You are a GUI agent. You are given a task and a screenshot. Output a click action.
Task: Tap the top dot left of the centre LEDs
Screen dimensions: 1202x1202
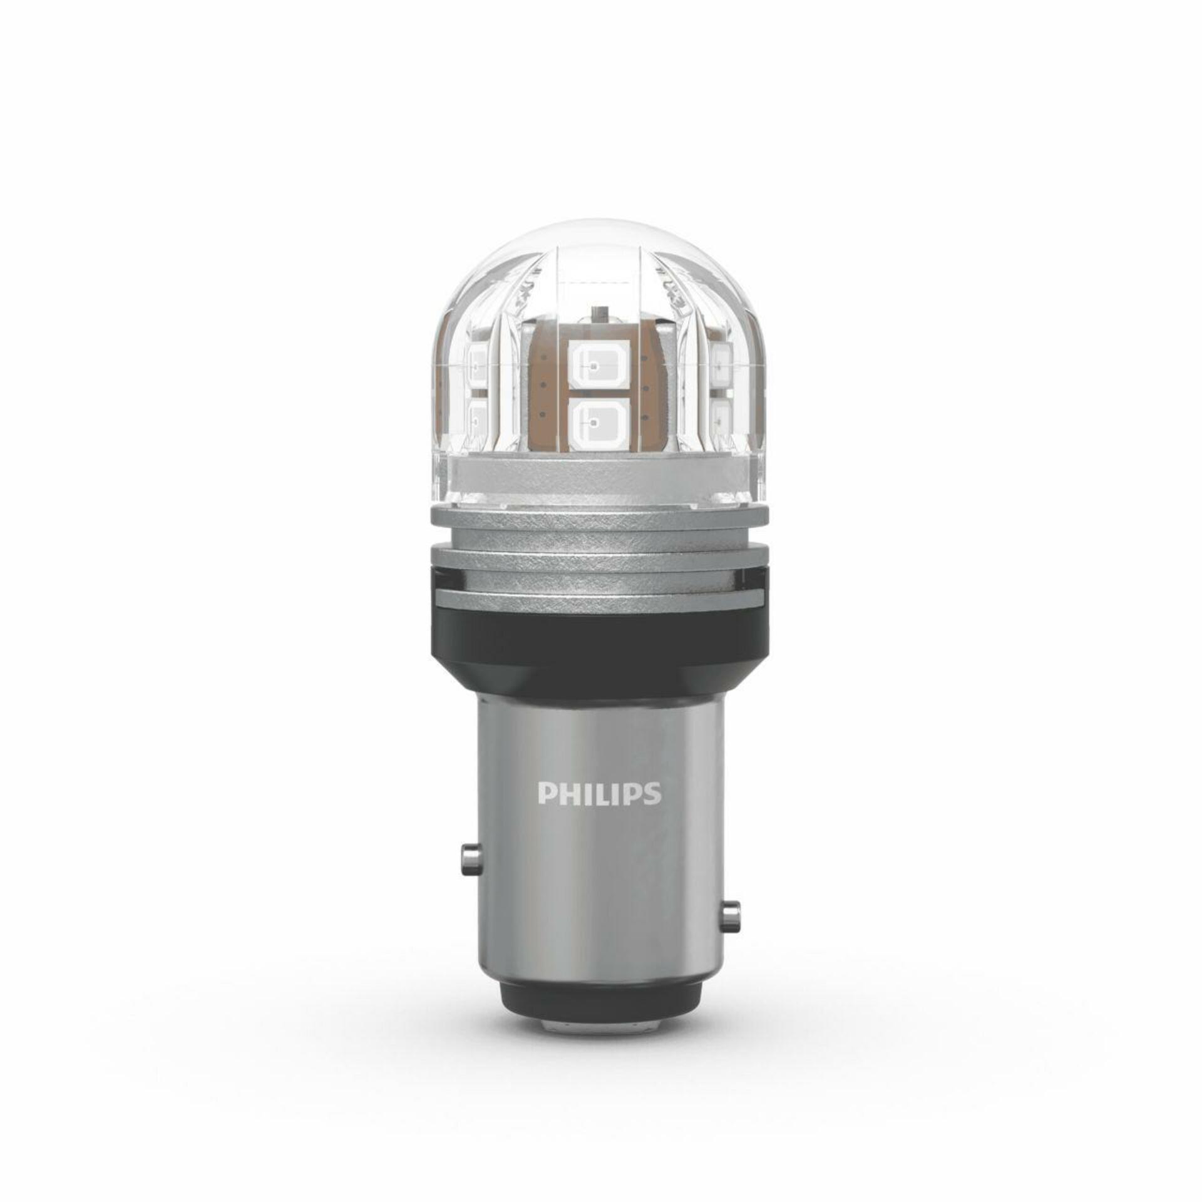pos(547,357)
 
